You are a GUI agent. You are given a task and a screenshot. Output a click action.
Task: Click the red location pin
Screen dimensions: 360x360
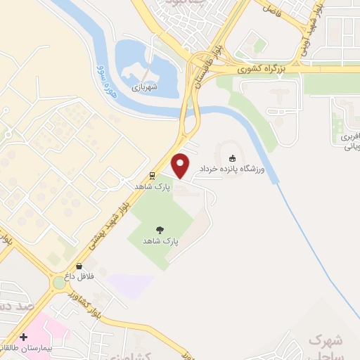tap(181, 165)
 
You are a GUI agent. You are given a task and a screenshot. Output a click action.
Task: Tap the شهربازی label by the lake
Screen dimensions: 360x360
tap(145, 89)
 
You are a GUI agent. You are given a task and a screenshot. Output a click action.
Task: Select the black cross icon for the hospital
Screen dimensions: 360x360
tap(24, 337)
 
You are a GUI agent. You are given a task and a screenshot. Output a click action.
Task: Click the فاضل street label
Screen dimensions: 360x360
tap(273, 8)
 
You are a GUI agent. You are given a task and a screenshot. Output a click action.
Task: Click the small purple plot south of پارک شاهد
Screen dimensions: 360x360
tap(130, 285)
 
